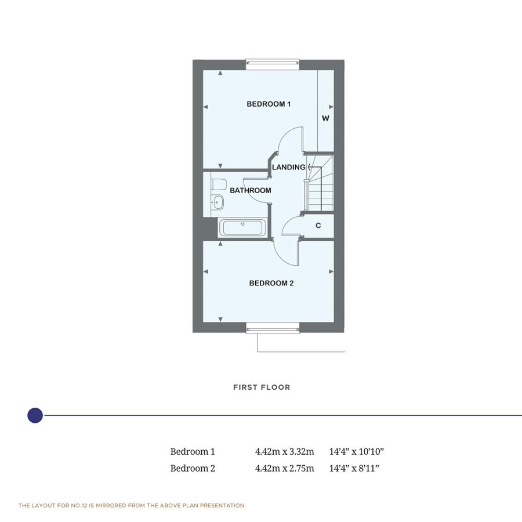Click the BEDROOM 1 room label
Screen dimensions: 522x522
(x=269, y=104)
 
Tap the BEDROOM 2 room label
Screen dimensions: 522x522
(x=271, y=284)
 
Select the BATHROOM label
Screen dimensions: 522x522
(x=251, y=191)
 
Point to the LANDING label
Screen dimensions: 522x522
(x=289, y=167)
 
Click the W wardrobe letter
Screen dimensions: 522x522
(x=325, y=118)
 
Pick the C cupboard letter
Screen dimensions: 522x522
(x=318, y=226)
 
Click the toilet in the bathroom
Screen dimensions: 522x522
(x=218, y=185)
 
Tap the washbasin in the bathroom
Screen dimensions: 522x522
(x=217, y=203)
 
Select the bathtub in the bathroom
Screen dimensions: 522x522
(x=242, y=227)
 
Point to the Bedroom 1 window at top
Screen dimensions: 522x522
(x=273, y=64)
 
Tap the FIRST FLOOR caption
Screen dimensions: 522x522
(x=262, y=387)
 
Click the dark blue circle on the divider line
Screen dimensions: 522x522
(x=35, y=415)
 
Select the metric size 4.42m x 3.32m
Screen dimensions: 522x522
(x=284, y=451)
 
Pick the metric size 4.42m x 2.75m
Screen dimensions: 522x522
(x=284, y=468)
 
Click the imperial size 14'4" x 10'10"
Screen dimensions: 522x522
(x=357, y=451)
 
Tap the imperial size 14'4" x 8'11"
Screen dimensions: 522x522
(x=354, y=468)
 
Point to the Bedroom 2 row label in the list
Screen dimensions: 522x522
(x=193, y=468)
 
